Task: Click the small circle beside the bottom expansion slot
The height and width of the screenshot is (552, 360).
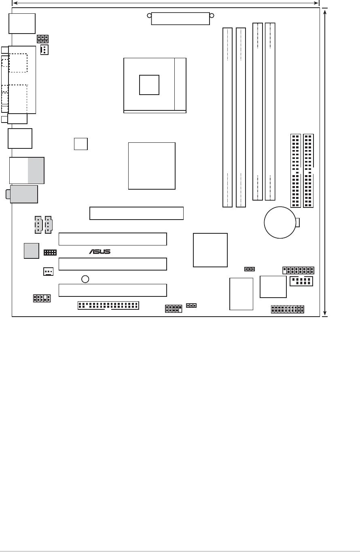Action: click(85, 279)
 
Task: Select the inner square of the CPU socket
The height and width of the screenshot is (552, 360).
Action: click(149, 85)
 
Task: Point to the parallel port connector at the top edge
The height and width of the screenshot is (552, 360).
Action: click(181, 18)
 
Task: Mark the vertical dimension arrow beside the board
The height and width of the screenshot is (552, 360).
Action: click(326, 162)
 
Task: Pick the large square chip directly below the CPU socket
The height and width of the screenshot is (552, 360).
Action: click(152, 165)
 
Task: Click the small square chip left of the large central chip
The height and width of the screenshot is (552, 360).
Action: click(81, 144)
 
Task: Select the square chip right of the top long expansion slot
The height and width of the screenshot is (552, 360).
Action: click(210, 250)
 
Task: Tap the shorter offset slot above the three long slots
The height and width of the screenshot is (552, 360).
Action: click(136, 213)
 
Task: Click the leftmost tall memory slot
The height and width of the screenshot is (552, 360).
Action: click(228, 117)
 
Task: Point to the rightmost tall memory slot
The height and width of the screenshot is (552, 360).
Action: click(270, 111)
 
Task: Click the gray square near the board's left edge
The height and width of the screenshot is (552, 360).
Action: click(32, 250)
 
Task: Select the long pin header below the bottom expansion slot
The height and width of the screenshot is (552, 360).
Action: click(108, 305)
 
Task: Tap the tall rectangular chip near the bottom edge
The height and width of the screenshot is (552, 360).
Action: click(241, 294)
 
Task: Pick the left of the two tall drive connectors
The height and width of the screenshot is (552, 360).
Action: click(295, 170)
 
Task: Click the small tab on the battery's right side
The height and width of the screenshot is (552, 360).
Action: click(298, 222)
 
